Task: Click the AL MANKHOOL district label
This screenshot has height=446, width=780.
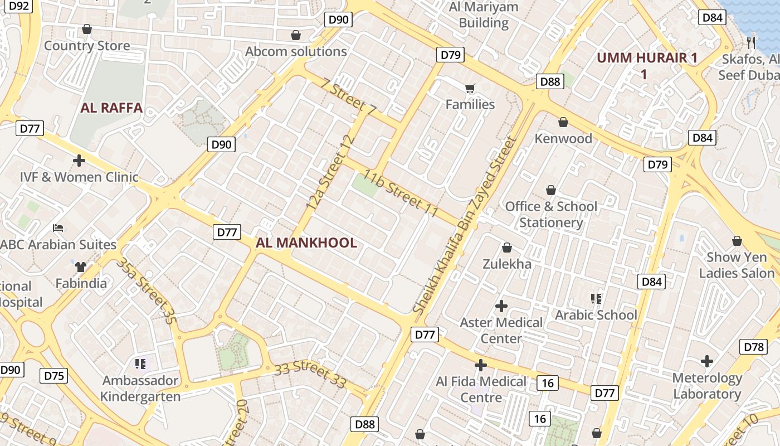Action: click(306, 243)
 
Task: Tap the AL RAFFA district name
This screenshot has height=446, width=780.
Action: click(111, 108)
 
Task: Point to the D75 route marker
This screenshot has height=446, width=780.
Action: click(54, 376)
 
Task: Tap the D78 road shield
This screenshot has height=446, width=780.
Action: click(754, 347)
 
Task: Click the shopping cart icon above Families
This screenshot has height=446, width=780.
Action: click(470, 88)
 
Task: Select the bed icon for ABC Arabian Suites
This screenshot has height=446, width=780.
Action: click(58, 228)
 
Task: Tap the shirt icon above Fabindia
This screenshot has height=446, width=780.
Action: click(81, 266)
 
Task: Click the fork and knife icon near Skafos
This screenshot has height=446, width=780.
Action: click(751, 42)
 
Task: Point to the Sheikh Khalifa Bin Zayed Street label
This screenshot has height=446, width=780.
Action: click(464, 225)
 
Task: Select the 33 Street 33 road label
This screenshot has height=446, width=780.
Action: click(310, 374)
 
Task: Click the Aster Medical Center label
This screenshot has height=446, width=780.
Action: click(501, 330)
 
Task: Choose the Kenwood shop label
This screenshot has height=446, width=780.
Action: click(563, 138)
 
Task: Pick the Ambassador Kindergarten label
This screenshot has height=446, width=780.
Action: click(140, 389)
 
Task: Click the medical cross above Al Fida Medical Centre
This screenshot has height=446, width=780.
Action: click(481, 365)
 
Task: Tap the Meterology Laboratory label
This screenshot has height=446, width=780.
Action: click(707, 386)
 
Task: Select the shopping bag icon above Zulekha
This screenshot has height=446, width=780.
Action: click(507, 248)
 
